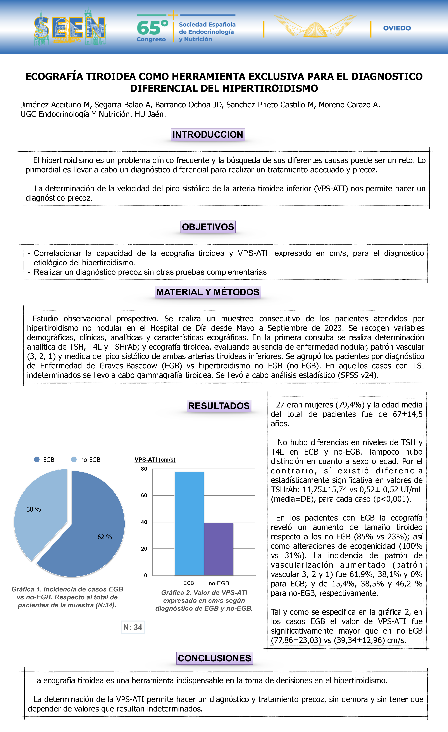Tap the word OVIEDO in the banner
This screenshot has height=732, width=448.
[x=397, y=28]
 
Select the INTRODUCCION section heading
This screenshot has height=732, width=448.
[x=208, y=135]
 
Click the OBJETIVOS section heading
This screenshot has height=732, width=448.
[x=208, y=227]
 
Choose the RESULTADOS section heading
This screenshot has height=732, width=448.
[x=219, y=406]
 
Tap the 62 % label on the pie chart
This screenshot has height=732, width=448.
[x=105, y=537]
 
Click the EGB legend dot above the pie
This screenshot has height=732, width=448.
[x=37, y=460]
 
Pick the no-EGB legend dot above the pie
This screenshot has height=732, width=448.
[x=74, y=460]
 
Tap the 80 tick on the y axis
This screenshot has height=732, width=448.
[x=144, y=469]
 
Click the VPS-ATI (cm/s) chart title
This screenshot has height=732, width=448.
[x=155, y=460]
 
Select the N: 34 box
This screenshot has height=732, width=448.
[x=133, y=627]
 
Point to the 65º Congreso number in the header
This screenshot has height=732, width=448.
[x=152, y=28]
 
